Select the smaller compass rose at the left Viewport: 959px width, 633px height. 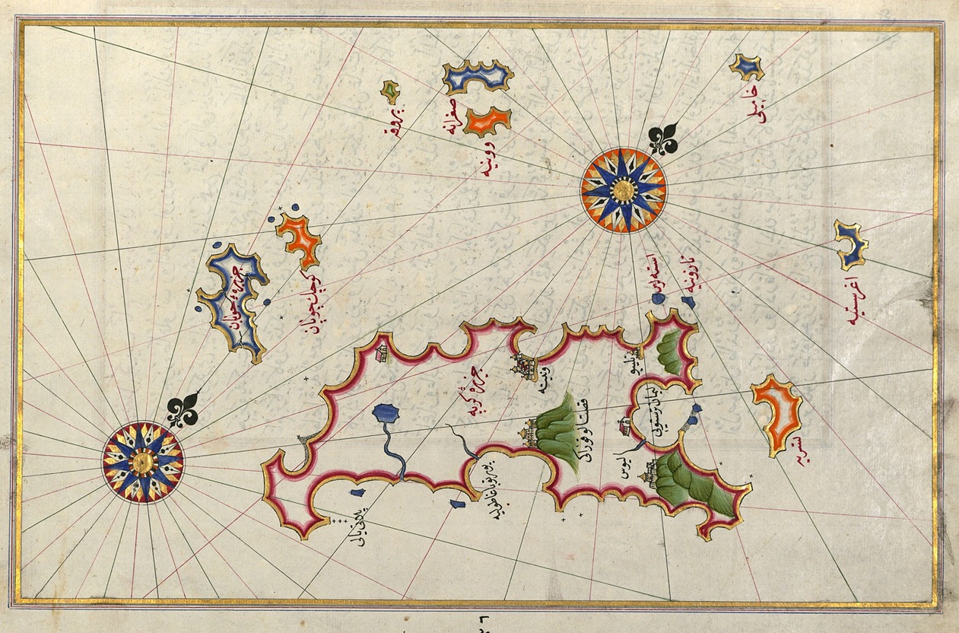tap(143, 462)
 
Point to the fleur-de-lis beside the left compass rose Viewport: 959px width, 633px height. tap(183, 411)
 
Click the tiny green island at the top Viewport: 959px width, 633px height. tap(389, 91)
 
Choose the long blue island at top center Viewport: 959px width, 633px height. tap(478, 77)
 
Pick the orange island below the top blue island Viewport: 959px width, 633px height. tap(487, 121)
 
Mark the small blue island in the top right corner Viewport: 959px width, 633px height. tap(747, 68)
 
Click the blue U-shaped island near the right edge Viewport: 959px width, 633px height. tap(850, 245)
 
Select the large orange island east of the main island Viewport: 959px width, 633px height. tap(776, 412)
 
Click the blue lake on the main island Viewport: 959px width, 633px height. tap(387, 414)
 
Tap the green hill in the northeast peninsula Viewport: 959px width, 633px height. tap(670, 352)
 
